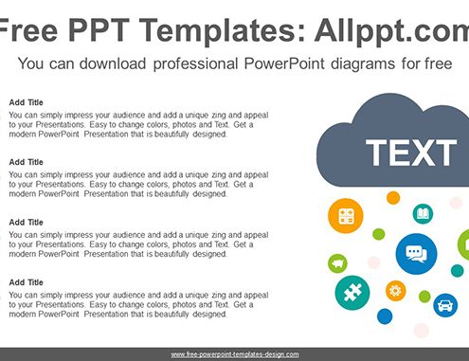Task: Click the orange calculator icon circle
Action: click(346, 216)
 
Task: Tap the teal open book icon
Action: click(423, 214)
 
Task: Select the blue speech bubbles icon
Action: click(416, 254)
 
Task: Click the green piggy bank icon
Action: click(337, 263)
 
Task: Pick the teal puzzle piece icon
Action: click(352, 293)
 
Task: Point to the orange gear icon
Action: click(396, 291)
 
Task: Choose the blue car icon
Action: click(445, 305)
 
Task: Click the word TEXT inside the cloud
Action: click(411, 153)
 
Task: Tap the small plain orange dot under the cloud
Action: click(393, 198)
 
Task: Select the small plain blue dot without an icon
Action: click(385, 316)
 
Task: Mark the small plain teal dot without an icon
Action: click(457, 271)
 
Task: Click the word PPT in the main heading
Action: click(99, 30)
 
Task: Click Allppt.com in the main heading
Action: click(391, 31)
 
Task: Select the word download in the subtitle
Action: click(113, 63)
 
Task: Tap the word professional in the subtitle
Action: click(195, 64)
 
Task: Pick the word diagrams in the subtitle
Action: click(363, 64)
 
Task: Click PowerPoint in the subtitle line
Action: click(284, 63)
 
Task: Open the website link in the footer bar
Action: click(235, 354)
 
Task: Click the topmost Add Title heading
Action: click(26, 102)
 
